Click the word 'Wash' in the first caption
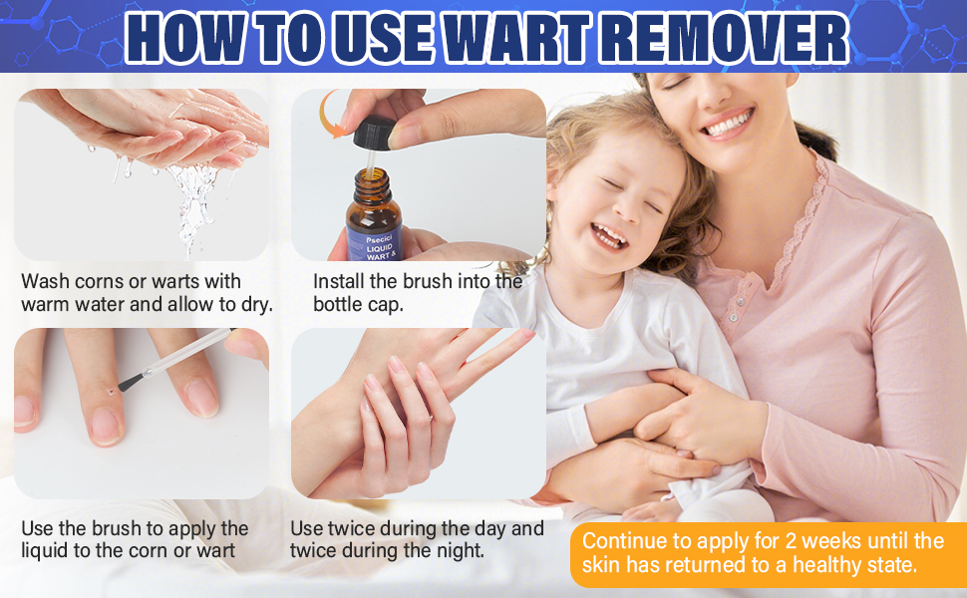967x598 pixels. point(47,281)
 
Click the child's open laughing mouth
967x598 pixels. point(609,236)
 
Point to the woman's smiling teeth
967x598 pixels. point(729,124)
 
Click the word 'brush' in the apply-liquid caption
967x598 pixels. point(119,528)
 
